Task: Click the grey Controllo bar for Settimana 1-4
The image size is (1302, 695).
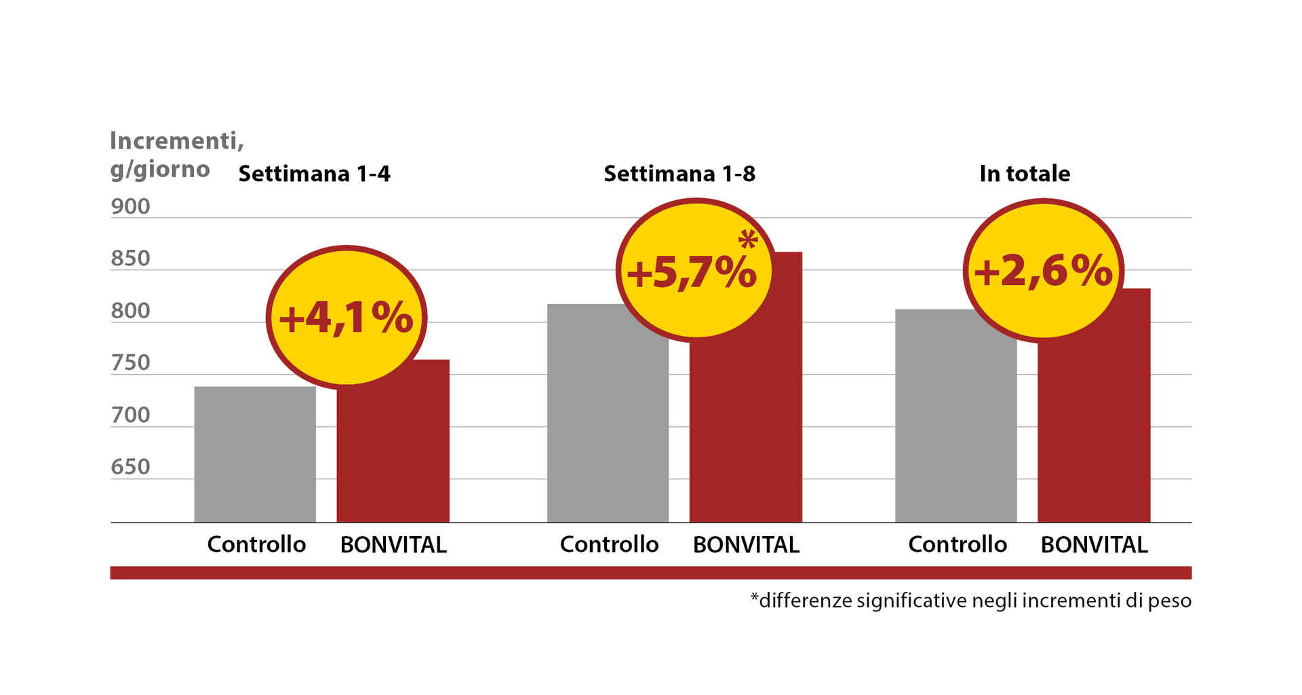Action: tap(255, 454)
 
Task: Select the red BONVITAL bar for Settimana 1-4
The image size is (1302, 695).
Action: tap(393, 455)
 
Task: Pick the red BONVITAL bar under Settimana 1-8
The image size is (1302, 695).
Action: tap(746, 434)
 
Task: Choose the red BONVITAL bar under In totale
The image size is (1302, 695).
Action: tap(1094, 434)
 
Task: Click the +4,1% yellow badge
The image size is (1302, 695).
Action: tap(346, 317)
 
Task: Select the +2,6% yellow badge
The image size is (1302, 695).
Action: tap(1043, 270)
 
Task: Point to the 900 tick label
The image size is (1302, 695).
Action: tap(130, 206)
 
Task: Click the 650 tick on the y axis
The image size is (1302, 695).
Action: tap(130, 467)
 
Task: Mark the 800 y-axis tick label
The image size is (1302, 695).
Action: tap(130, 311)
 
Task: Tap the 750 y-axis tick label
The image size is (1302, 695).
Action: tap(130, 363)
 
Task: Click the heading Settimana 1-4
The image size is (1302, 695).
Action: tap(314, 174)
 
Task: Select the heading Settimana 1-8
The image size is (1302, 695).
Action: tap(679, 174)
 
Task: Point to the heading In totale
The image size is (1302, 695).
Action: tap(1025, 174)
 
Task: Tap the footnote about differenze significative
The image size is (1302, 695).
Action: tap(970, 601)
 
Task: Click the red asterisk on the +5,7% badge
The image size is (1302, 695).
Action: tap(748, 240)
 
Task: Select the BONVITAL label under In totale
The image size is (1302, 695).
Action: tap(1094, 544)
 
